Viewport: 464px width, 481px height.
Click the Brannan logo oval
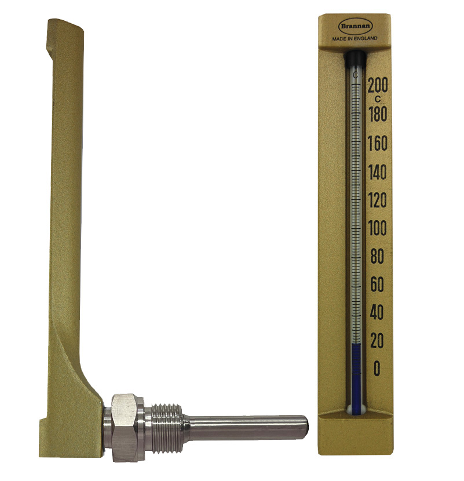click(x=355, y=27)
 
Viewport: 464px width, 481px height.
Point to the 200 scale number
click(x=377, y=85)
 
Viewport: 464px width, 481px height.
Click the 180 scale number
click(x=377, y=114)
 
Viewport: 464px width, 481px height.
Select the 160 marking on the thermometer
click(x=377, y=143)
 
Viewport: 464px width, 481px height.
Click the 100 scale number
click(x=377, y=228)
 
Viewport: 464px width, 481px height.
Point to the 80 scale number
click(x=377, y=257)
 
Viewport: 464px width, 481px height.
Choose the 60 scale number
click(x=377, y=285)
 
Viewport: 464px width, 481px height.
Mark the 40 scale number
click(x=377, y=314)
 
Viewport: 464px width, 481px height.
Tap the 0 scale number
click(x=377, y=369)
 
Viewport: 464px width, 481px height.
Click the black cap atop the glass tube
click(x=355, y=59)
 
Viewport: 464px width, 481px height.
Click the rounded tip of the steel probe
click(x=304, y=424)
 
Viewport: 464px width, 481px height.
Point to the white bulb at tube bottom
click(x=355, y=409)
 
